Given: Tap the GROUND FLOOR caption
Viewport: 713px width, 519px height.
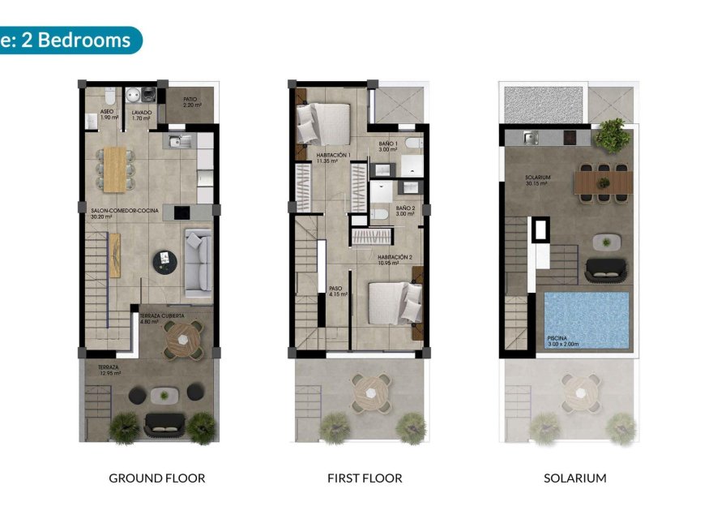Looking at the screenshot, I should (x=157, y=478).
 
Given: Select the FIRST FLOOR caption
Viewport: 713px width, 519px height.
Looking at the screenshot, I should (x=365, y=478).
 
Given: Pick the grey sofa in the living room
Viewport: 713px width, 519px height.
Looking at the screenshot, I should (x=198, y=261).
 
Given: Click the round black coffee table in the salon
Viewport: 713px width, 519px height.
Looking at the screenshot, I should (x=164, y=259).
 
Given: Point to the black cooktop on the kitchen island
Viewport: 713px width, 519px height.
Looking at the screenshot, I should (x=181, y=212).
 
